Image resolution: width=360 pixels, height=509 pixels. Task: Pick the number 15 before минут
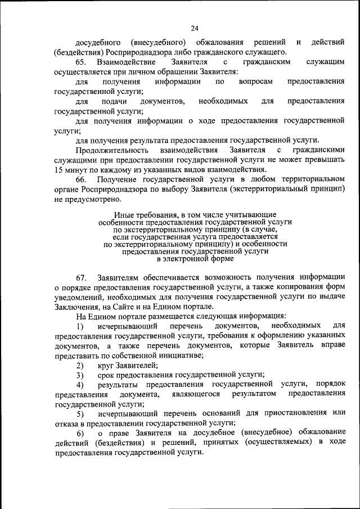point(59,169)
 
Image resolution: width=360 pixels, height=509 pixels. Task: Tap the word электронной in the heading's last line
point(187,259)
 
